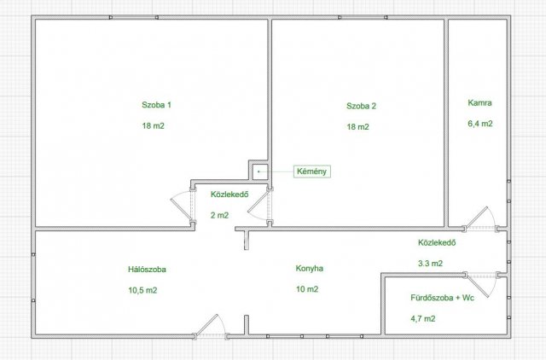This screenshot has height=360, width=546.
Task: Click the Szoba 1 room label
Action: [x=156, y=105]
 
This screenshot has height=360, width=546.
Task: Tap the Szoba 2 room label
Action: [x=361, y=106]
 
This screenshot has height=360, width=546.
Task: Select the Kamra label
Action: [x=479, y=102]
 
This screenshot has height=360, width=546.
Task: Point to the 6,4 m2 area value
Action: [x=480, y=124]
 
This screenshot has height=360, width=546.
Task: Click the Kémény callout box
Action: [x=312, y=171]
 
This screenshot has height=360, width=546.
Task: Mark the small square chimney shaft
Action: [x=258, y=171]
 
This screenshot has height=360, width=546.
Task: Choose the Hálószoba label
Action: [x=147, y=270]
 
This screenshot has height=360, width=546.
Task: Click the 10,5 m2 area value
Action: [x=142, y=290]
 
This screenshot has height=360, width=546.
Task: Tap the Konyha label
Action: [x=310, y=269]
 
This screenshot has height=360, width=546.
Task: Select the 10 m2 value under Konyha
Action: [x=307, y=289]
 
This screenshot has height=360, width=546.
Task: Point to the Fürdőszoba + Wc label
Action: [x=442, y=298]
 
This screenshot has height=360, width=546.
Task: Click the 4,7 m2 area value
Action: [x=423, y=318]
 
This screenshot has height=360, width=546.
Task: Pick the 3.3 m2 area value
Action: [x=430, y=264]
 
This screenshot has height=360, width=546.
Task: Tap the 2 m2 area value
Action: [x=220, y=215]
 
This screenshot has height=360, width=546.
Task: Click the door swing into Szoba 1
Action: [x=183, y=206]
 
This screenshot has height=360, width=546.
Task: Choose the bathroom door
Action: [x=482, y=283]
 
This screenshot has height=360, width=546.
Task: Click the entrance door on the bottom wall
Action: [x=211, y=328]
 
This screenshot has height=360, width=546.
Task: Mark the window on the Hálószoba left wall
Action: [x=33, y=277]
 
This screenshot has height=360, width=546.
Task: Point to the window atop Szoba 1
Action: [x=134, y=17]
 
